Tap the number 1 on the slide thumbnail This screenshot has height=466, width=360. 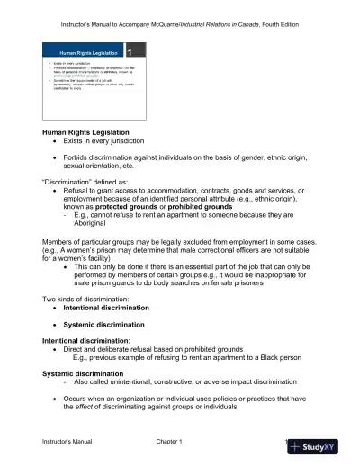point(131,53)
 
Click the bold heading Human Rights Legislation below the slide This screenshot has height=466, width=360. point(90,133)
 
